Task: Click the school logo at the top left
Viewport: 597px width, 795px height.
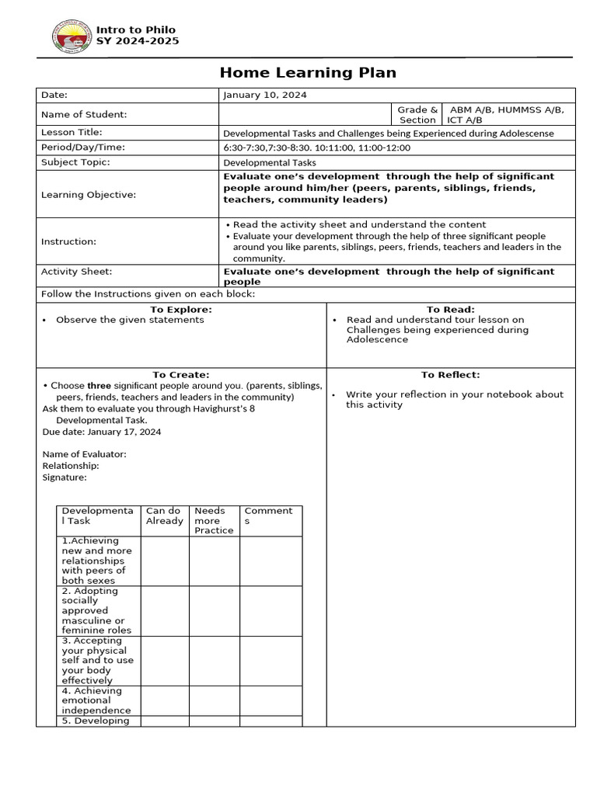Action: point(71,36)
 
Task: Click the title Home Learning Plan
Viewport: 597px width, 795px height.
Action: point(308,73)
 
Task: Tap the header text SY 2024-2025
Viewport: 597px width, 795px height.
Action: point(137,41)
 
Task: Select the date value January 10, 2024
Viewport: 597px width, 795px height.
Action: point(264,95)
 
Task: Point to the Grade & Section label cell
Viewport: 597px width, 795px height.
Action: point(417,115)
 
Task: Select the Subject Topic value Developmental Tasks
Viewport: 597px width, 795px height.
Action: point(270,163)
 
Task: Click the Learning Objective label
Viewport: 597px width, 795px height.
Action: point(88,194)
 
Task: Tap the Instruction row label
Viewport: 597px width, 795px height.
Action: point(68,241)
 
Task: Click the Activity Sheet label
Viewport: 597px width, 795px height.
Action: point(76,272)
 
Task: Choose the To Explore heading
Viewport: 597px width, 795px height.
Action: point(181,309)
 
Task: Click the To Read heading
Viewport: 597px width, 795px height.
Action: point(451,309)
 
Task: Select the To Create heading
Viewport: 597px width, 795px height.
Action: point(181,374)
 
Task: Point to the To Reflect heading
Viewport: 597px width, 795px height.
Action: point(451,374)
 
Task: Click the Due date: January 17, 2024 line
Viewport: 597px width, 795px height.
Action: point(101,432)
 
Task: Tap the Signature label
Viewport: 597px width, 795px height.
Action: point(65,477)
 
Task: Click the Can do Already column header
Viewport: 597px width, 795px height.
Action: point(164,516)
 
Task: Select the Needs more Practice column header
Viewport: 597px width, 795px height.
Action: point(214,520)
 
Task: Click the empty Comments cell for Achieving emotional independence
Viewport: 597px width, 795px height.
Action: point(271,700)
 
